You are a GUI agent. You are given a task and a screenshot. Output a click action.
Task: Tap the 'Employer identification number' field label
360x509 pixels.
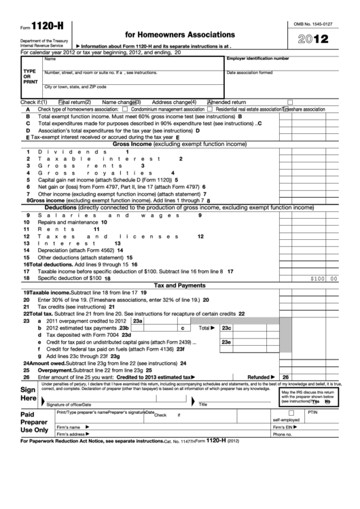[x=257, y=59]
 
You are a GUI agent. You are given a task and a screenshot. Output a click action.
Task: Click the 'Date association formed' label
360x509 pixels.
[x=249, y=73]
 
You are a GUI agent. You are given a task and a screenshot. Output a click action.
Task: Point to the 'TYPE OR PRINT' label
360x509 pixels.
[x=30, y=75]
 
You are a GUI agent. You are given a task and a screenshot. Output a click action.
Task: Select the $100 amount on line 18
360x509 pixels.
[x=317, y=279]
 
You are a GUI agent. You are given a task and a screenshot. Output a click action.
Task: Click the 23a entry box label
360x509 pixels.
[x=138, y=321]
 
